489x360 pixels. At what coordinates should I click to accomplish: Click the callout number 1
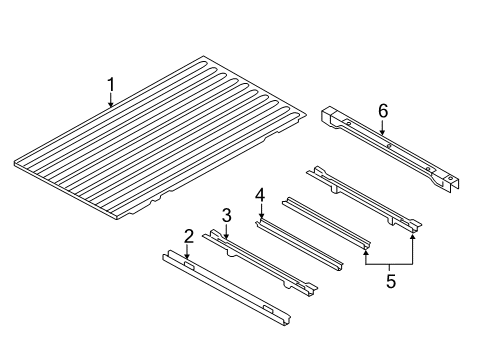point(111,85)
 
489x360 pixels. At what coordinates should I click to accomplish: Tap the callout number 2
point(188,237)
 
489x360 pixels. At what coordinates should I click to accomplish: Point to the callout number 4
point(259,194)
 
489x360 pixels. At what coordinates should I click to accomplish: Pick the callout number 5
point(391,282)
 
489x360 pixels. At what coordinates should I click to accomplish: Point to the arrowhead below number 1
point(111,105)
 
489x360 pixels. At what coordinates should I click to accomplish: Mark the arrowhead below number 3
point(227,235)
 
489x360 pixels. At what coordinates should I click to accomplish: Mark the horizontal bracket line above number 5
point(391,259)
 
